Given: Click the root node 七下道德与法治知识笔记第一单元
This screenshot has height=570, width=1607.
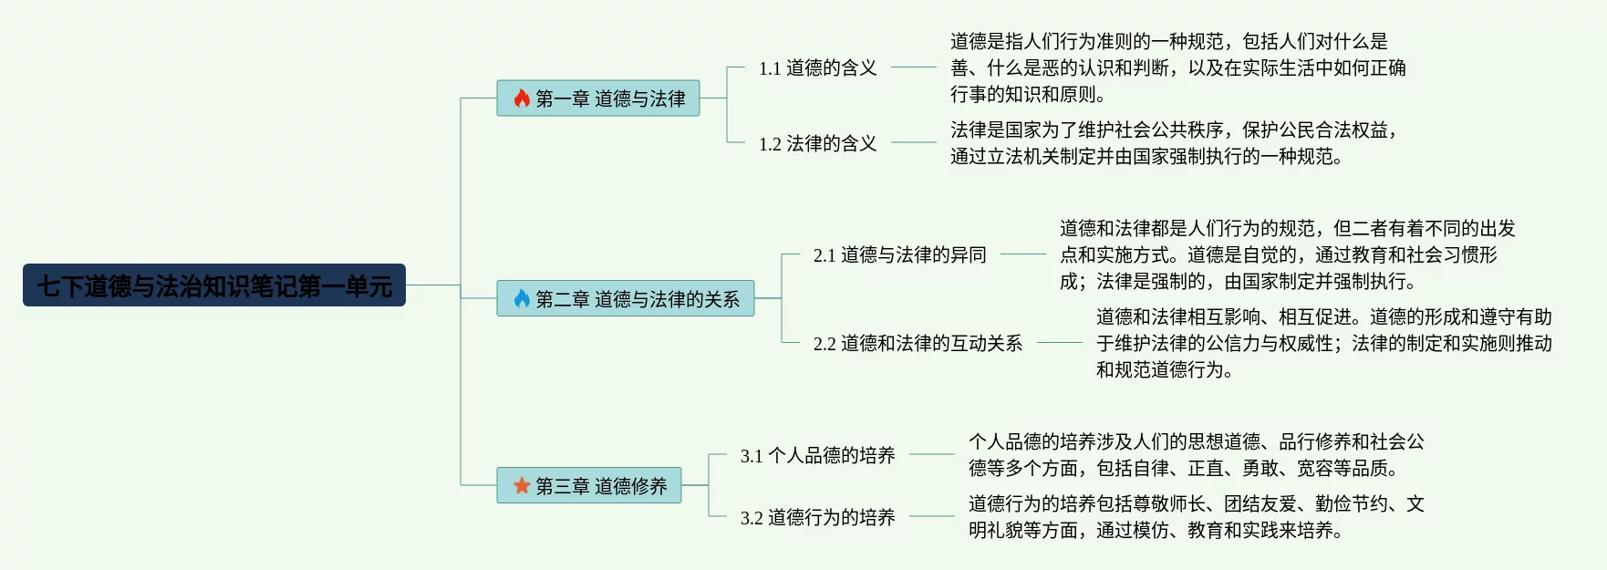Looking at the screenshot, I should pyautogui.click(x=213, y=285).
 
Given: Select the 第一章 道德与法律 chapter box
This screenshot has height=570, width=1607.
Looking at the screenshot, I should pyautogui.click(x=598, y=98).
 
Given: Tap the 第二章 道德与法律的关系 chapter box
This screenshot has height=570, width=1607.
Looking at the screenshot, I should pyautogui.click(x=626, y=298).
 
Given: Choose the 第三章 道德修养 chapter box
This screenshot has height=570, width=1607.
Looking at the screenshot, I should pyautogui.click(x=589, y=485).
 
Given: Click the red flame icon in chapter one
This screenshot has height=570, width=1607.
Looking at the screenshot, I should pyautogui.click(x=522, y=98).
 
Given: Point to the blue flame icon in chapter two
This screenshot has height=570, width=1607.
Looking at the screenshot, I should pyautogui.click(x=522, y=298).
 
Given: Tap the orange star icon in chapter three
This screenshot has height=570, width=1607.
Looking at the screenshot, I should pyautogui.click(x=522, y=485).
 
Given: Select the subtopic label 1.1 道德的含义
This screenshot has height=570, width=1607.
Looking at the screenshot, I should pyautogui.click(x=817, y=67).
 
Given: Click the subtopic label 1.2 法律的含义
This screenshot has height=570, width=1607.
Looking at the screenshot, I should pyautogui.click(x=817, y=143).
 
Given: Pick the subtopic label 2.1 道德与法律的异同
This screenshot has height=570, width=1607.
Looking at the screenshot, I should pyautogui.click(x=899, y=254).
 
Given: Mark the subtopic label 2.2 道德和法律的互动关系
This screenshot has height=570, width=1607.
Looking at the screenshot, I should pyautogui.click(x=918, y=343).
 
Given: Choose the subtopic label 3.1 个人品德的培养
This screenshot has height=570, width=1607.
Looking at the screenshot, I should pyautogui.click(x=817, y=455).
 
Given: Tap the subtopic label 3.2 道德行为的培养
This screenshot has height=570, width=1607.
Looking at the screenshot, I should pyautogui.click(x=817, y=517).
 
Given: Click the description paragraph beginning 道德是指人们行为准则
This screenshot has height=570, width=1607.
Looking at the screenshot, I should pyautogui.click(x=1177, y=67).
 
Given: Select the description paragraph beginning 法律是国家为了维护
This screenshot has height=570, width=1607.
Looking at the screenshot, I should pyautogui.click(x=1173, y=143).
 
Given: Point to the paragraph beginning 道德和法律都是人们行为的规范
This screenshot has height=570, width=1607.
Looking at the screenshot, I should pyautogui.click(x=1287, y=254).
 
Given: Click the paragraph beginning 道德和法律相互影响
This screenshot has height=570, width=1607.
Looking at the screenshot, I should pyautogui.click(x=1323, y=343).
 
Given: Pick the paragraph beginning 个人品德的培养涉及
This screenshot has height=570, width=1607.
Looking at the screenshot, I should pyautogui.click(x=1196, y=455).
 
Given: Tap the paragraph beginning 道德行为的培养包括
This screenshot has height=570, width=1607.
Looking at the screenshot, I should pyautogui.click(x=1196, y=517).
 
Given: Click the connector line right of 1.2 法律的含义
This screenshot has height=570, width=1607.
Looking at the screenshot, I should pyautogui.click(x=913, y=142).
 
